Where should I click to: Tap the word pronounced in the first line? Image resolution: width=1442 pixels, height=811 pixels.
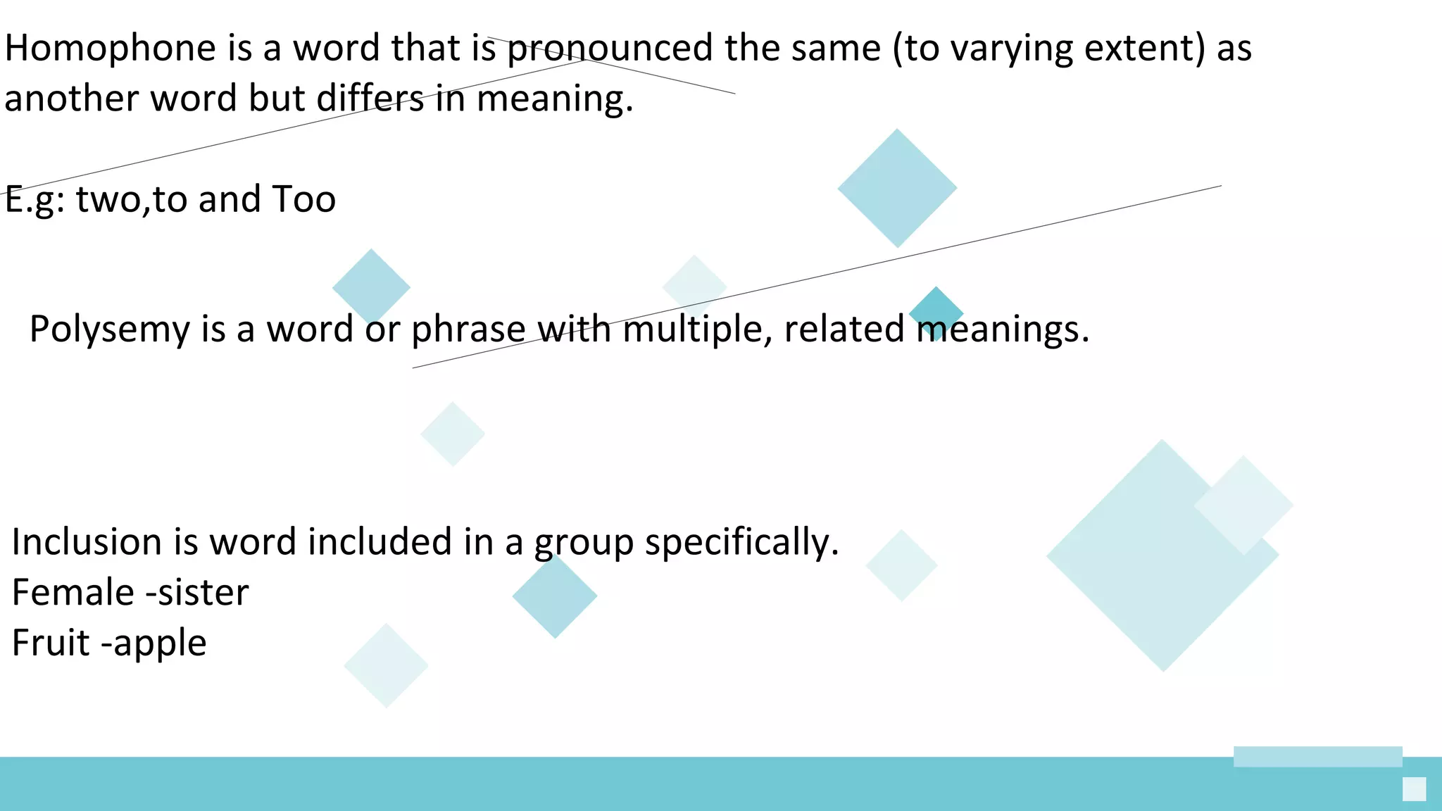pos(610,49)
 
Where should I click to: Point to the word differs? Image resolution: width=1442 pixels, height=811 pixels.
pos(370,99)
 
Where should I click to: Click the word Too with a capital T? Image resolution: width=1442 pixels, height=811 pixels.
pos(303,200)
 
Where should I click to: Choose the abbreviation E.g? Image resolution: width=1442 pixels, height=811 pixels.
pos(35,200)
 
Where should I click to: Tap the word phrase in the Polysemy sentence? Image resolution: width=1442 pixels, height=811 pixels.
pos(468,330)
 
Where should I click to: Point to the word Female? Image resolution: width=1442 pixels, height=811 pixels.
pos(73,593)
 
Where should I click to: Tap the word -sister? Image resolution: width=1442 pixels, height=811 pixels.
pos(197,593)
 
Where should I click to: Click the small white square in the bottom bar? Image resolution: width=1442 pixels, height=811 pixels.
pos(1414,789)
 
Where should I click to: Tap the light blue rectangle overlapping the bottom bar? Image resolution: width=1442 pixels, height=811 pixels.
pos(1317,757)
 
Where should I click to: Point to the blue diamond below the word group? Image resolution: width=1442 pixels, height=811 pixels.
pos(555,597)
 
